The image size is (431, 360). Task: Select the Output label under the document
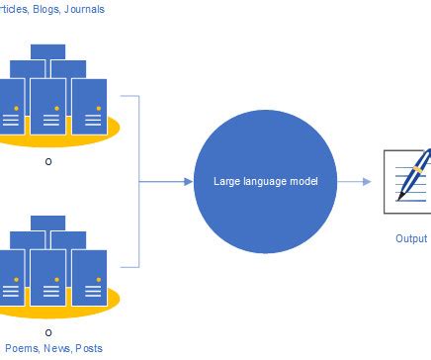coord(411,238)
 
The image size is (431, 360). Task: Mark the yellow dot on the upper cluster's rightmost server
coord(97,107)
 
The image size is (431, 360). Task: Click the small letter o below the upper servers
coord(47,161)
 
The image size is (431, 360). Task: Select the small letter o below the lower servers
coord(47,332)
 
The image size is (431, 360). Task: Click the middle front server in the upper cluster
coord(47,109)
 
